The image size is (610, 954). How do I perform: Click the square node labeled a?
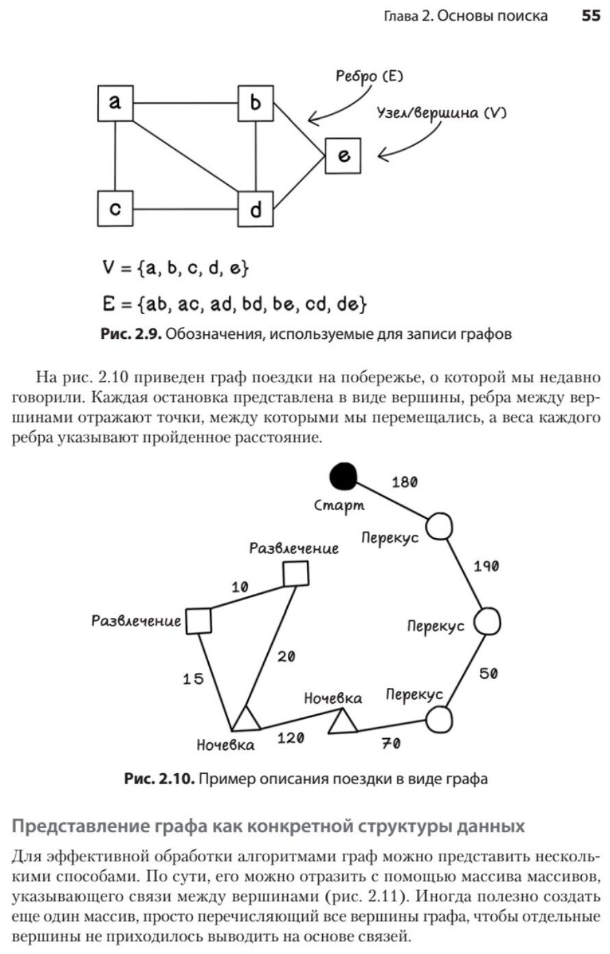click(x=115, y=103)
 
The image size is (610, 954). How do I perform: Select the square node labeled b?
click(x=256, y=103)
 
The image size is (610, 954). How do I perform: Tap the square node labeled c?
click(x=115, y=208)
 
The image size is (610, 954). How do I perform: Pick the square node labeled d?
click(x=256, y=208)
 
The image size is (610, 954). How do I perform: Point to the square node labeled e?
click(x=343, y=156)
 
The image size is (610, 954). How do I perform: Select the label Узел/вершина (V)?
click(x=440, y=113)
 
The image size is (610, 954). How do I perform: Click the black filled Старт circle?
click(x=343, y=476)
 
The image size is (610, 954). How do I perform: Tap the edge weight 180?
click(x=404, y=482)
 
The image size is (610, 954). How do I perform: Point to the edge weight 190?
click(x=486, y=566)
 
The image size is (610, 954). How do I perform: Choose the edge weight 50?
click(x=488, y=674)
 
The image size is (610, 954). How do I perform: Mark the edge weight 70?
click(x=391, y=743)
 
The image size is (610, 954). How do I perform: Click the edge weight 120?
click(x=291, y=739)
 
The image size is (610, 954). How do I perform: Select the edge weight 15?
click(x=193, y=679)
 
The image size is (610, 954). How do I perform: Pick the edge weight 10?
click(x=240, y=587)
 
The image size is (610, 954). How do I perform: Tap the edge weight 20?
click(x=286, y=657)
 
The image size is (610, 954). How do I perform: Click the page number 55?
click(x=591, y=16)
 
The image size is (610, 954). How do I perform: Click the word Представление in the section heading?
click(x=80, y=826)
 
